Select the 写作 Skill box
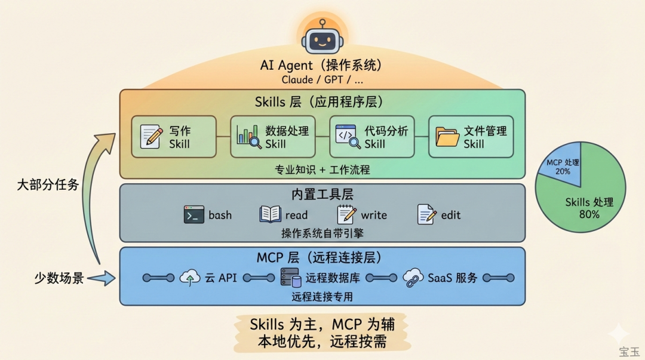coord(173,137)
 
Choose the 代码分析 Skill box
coord(371,137)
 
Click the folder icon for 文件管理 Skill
coord(447,136)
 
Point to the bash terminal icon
coord(194,215)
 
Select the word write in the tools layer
coord(374,216)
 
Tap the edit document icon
coord(426,215)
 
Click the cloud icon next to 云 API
coord(190,278)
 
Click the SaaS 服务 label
coord(452,278)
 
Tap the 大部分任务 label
coord(48,184)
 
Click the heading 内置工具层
coord(322,195)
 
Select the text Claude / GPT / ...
coord(321,79)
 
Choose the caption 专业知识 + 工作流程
coord(322,170)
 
